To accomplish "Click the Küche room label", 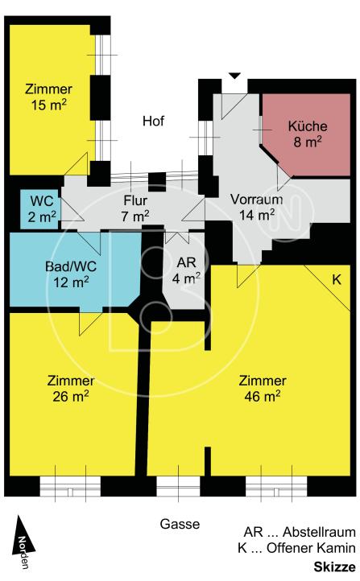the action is (x=308, y=126).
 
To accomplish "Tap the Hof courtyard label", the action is (x=153, y=121).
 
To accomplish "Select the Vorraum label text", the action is (x=256, y=200).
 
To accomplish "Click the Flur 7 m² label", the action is (x=135, y=208).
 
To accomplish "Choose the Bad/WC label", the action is (x=71, y=266).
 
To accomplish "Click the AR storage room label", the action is (x=186, y=262).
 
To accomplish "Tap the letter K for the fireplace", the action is (x=337, y=279).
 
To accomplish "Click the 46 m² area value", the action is (x=262, y=397).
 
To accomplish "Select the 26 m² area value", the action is (x=70, y=397).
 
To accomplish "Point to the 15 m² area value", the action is (x=48, y=105).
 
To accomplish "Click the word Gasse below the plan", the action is (x=180, y=524).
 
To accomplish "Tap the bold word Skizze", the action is (x=334, y=567).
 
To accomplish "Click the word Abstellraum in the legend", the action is (x=319, y=532).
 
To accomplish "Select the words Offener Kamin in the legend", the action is (x=311, y=548).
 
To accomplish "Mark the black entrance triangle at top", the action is (x=234, y=76).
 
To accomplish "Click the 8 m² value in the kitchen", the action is (x=308, y=142).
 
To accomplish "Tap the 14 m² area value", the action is (x=257, y=215).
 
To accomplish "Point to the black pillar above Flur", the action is (x=157, y=182).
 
